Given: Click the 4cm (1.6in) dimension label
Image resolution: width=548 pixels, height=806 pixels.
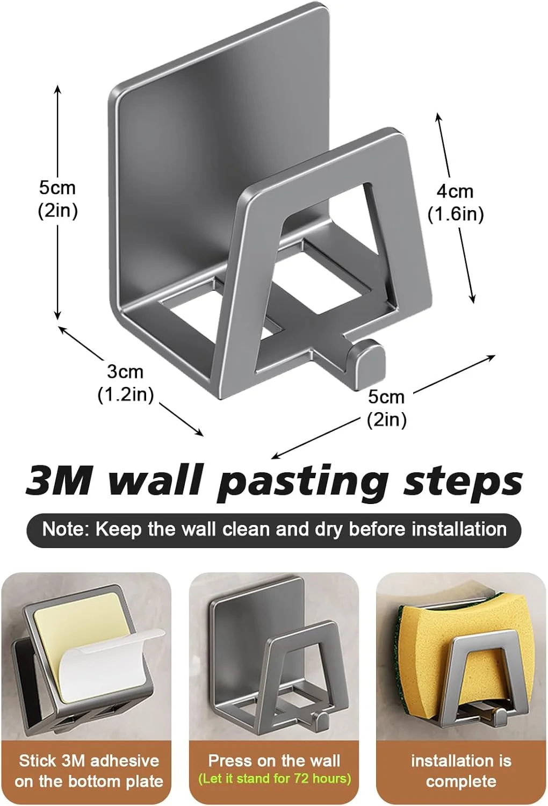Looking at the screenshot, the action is (x=455, y=203).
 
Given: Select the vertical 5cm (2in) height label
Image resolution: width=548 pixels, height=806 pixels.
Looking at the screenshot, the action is (x=57, y=199).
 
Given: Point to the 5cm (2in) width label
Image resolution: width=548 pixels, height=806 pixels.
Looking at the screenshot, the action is (x=386, y=409).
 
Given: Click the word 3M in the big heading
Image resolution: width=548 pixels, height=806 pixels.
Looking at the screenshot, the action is (x=58, y=481).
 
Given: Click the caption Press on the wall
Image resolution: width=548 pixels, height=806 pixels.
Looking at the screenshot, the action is (x=274, y=761).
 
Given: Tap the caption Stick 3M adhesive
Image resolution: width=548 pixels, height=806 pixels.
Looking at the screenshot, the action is (x=89, y=761).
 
